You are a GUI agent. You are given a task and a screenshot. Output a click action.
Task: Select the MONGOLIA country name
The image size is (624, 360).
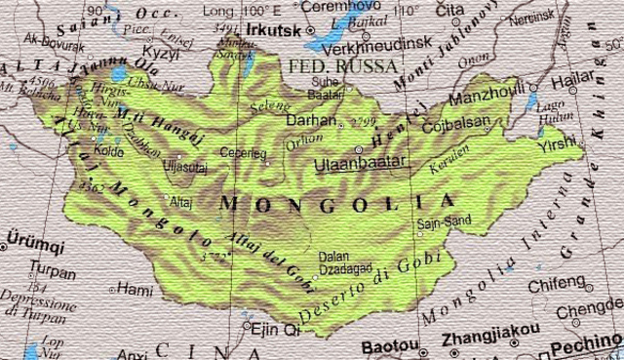337,204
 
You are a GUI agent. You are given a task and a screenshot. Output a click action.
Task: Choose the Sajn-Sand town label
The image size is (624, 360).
444,221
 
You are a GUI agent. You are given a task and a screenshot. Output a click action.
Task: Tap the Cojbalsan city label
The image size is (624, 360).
456,126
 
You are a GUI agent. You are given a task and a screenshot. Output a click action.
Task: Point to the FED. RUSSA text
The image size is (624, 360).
343,66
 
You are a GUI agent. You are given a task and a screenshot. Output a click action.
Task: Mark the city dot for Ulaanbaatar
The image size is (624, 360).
358,149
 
